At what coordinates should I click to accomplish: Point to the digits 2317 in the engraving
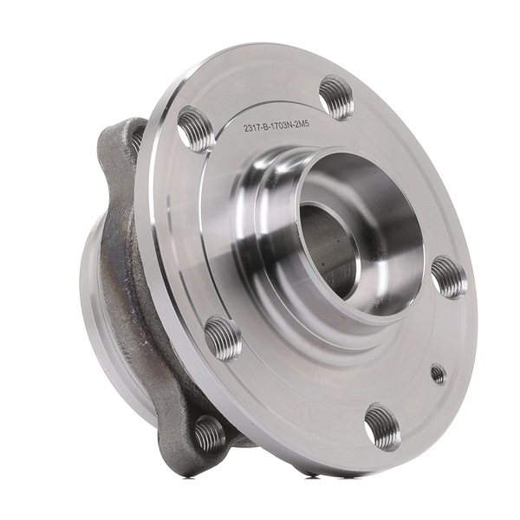254,129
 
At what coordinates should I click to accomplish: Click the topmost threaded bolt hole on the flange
336,97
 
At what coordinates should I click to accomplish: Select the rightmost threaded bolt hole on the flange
448,277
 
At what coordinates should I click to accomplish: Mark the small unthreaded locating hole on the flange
439,374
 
